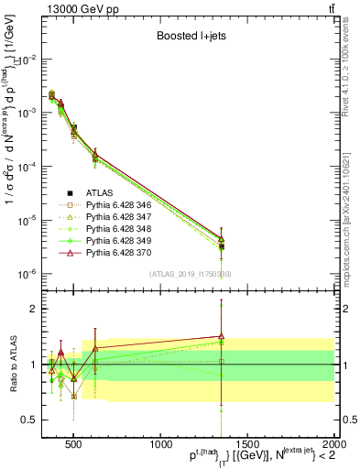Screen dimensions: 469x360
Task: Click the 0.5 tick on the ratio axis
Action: tap(33, 420)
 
